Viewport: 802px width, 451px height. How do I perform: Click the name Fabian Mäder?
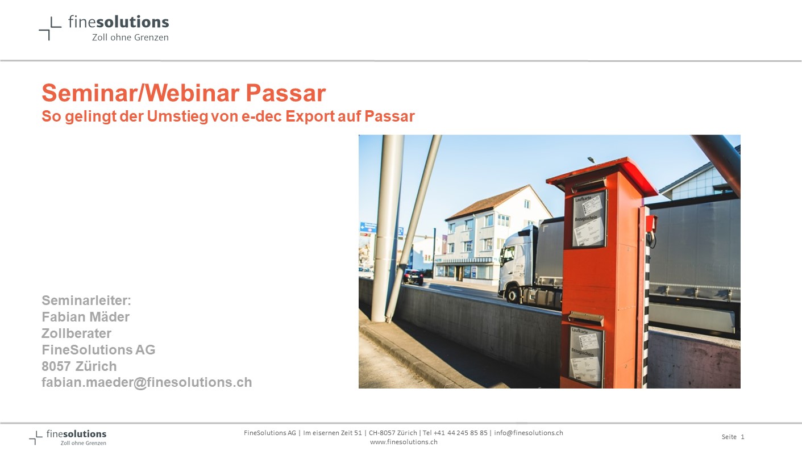pos(85,317)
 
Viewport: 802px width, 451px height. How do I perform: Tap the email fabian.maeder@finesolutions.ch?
pos(147,382)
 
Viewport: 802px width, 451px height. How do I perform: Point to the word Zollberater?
pos(76,333)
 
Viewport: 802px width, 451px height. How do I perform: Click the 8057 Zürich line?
pos(79,366)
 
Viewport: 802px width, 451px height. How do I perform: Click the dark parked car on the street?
pos(413,277)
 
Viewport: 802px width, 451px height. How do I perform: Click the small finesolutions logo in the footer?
pos(68,437)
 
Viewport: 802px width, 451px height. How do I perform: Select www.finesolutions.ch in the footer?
pos(404,442)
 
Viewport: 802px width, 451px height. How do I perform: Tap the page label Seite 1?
pos(733,437)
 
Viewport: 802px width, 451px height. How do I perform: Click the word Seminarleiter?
pos(86,300)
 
